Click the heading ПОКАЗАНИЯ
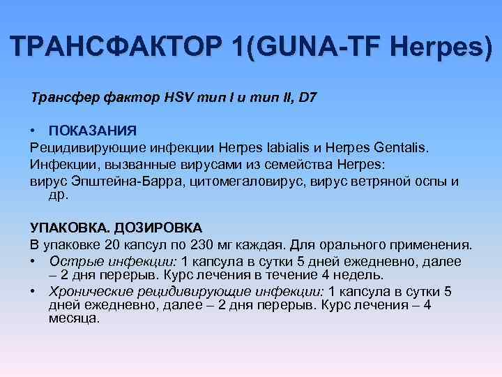tap(93, 131)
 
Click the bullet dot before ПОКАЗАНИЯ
tap(33, 131)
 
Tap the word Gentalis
tap(398, 148)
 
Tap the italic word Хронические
tap(90, 292)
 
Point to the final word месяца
tap(74, 318)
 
